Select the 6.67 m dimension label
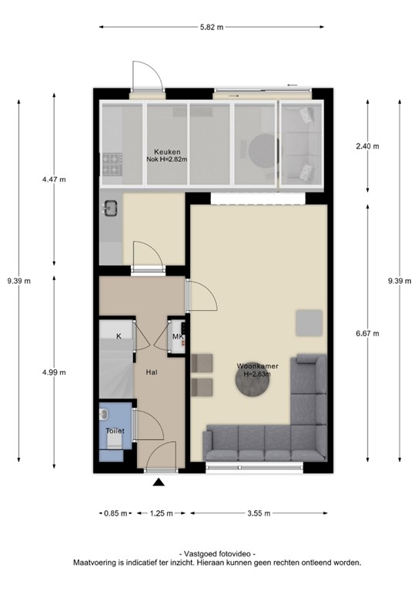point(367,334)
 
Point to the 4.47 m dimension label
point(53,180)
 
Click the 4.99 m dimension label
point(53,372)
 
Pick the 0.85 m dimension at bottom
point(115,513)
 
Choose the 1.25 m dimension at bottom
point(159,513)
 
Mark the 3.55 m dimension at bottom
point(259,513)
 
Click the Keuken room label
point(166,151)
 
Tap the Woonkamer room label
point(258,366)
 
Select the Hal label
point(152,372)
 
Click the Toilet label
point(115,431)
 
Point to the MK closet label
point(177,337)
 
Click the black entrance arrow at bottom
point(159,482)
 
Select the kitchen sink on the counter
point(109,206)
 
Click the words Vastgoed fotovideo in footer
point(216,554)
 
